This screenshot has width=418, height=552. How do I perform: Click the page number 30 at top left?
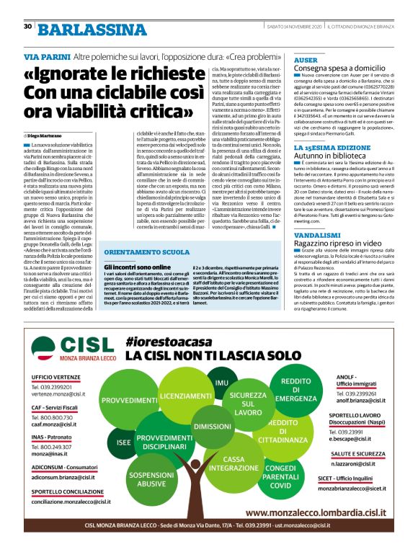27,26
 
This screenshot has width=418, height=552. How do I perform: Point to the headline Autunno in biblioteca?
329,155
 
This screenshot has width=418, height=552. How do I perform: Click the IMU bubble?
221,382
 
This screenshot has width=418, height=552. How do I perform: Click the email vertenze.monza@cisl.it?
58,395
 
